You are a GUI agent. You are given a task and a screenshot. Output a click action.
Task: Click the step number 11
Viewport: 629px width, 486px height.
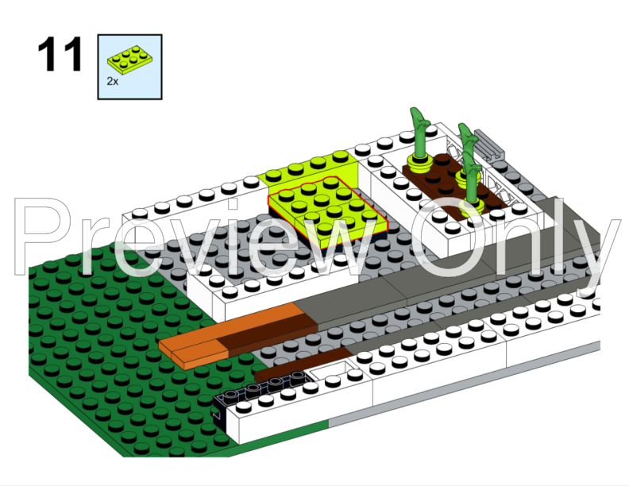(x=60, y=55)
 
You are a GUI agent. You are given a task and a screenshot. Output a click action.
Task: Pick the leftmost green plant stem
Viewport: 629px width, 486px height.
(x=417, y=135)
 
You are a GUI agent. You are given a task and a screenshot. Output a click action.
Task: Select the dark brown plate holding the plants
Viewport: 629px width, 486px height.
(x=445, y=182)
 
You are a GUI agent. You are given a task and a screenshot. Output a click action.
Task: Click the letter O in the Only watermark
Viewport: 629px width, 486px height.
(x=453, y=238)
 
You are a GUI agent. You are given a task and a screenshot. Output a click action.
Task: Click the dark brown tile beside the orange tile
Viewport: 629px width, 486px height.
(x=262, y=334)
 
